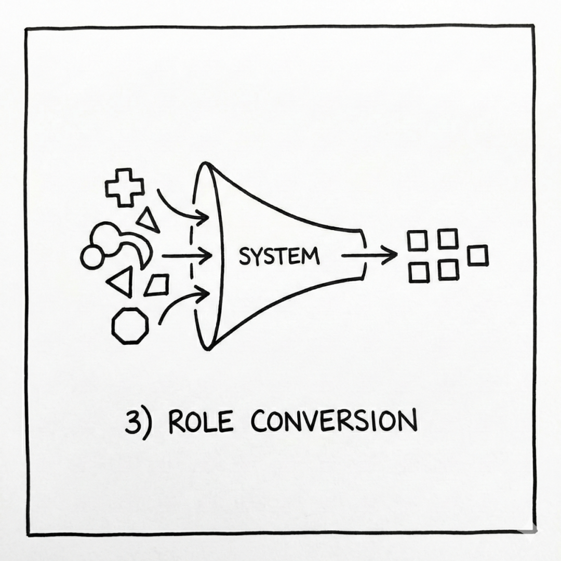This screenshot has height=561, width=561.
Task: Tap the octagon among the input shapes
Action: click(x=130, y=326)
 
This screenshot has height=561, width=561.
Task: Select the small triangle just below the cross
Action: click(x=148, y=220)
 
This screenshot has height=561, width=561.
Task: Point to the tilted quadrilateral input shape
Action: click(x=157, y=285)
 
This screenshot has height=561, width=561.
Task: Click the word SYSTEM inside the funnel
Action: click(x=278, y=256)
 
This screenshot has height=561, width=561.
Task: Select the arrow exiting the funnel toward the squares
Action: click(x=369, y=255)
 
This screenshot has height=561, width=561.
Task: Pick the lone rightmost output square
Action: click(x=477, y=256)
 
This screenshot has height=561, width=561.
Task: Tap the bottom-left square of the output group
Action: click(x=418, y=272)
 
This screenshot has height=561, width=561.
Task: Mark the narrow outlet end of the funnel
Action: click(x=363, y=255)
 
